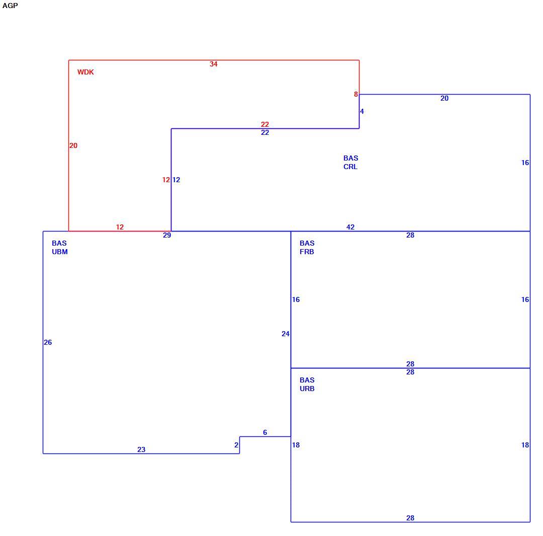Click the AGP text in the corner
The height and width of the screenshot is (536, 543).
(x=10, y=6)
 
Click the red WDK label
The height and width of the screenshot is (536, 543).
(x=85, y=72)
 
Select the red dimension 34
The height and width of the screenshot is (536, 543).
(x=214, y=64)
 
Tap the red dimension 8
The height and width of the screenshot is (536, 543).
(x=355, y=94)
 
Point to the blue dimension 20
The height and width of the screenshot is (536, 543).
(x=444, y=99)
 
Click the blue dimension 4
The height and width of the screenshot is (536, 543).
(x=362, y=111)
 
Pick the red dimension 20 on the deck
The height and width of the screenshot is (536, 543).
(x=73, y=145)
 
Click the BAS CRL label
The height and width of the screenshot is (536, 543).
(x=351, y=162)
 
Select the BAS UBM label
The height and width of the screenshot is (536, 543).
(x=59, y=248)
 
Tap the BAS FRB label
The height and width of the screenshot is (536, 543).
(x=307, y=248)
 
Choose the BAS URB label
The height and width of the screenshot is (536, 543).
(x=307, y=385)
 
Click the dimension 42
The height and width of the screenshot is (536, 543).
(x=350, y=227)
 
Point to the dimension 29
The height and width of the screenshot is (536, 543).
(x=167, y=236)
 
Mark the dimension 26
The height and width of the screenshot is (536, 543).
(x=48, y=343)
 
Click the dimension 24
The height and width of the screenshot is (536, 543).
(x=286, y=334)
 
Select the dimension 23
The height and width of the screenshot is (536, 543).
(x=141, y=449)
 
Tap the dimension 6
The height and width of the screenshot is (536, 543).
(x=265, y=433)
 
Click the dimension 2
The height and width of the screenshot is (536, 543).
(x=236, y=445)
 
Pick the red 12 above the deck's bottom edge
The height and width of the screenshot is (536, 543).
(x=120, y=227)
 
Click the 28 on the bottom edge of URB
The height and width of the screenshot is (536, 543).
(x=410, y=518)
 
